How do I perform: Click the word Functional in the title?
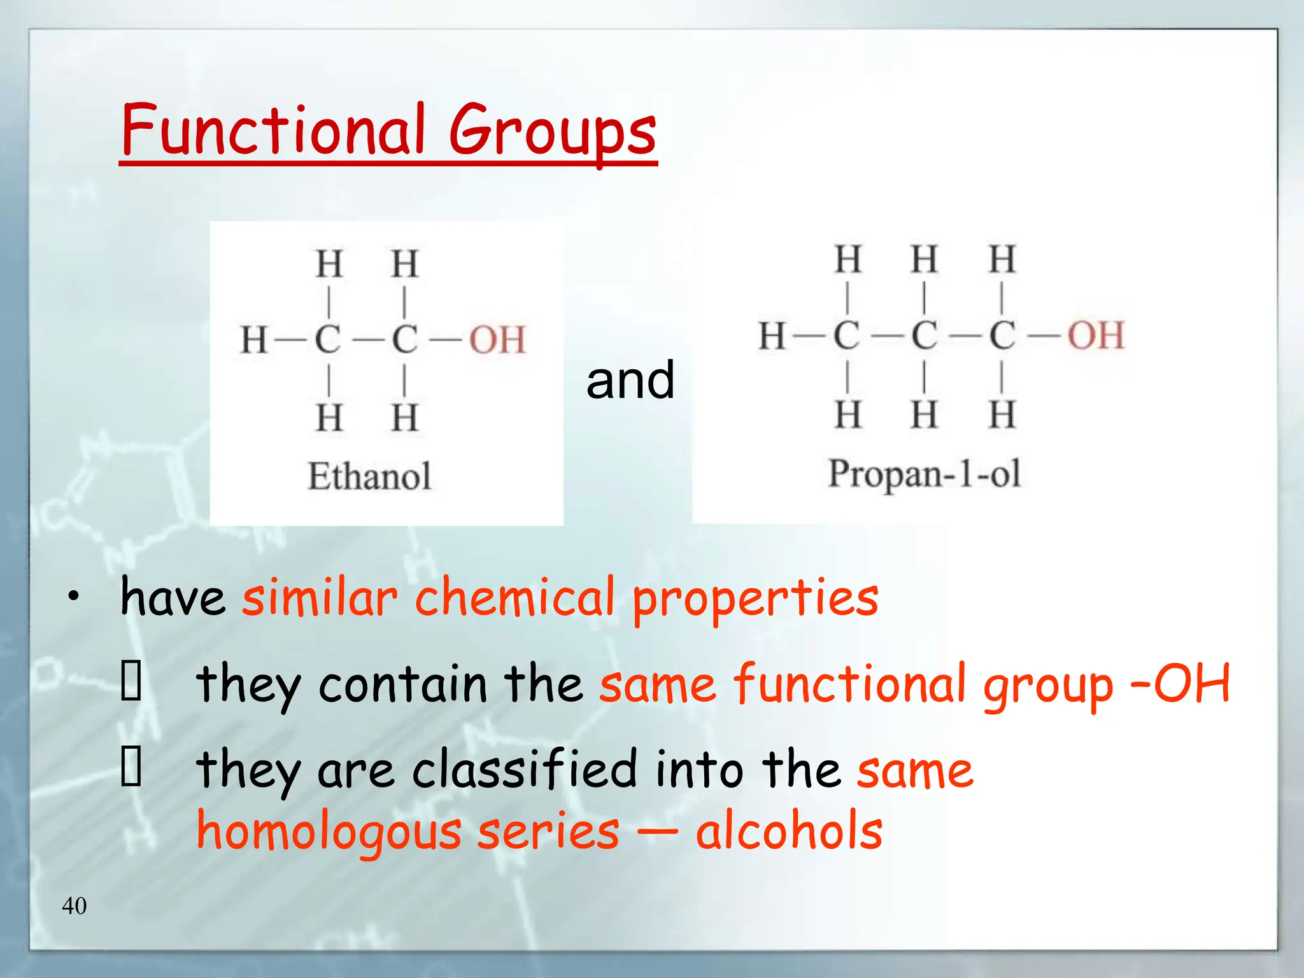[x=273, y=131]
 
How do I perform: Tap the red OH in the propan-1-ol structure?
[x=1096, y=335]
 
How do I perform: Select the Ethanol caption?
[x=369, y=476]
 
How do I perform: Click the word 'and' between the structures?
[x=630, y=380]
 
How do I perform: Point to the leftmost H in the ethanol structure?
[x=253, y=339]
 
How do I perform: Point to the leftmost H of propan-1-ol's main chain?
[x=772, y=336]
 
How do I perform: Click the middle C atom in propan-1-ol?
[x=924, y=336]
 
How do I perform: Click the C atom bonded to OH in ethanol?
[x=404, y=339]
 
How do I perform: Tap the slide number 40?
[x=74, y=905]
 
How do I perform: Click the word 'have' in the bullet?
[x=173, y=597]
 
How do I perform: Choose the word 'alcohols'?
[x=789, y=831]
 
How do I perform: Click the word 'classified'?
[x=525, y=769]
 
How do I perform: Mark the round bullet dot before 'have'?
[x=74, y=596]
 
